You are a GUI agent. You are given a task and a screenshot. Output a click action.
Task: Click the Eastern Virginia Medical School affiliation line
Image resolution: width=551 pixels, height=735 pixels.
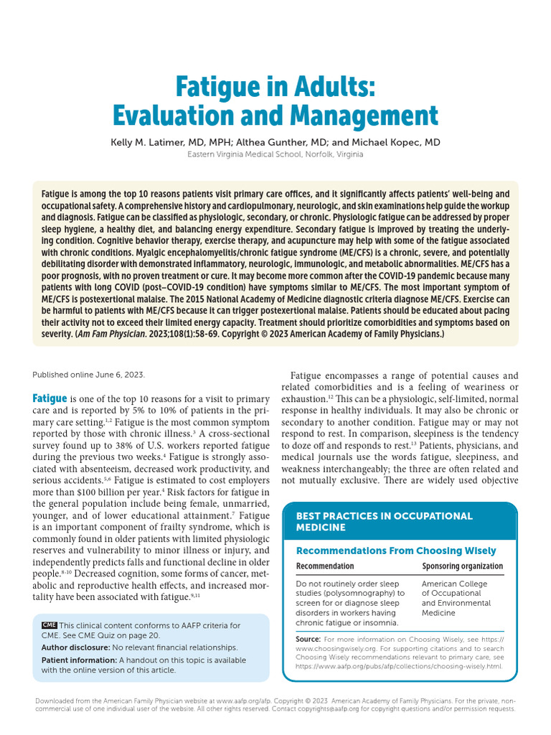[275, 154]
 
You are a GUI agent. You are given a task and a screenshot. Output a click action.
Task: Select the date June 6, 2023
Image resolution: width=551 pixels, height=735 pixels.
[120, 374]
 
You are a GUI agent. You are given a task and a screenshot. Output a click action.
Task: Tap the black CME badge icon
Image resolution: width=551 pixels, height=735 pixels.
[49, 626]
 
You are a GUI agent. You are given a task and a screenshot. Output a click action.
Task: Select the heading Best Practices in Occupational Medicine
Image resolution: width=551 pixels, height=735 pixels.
[384, 522]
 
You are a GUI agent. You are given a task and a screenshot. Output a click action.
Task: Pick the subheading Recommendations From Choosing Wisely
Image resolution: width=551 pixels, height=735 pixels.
[395, 551]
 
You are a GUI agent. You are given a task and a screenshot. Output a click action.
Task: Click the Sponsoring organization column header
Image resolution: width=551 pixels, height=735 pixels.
[462, 566]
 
